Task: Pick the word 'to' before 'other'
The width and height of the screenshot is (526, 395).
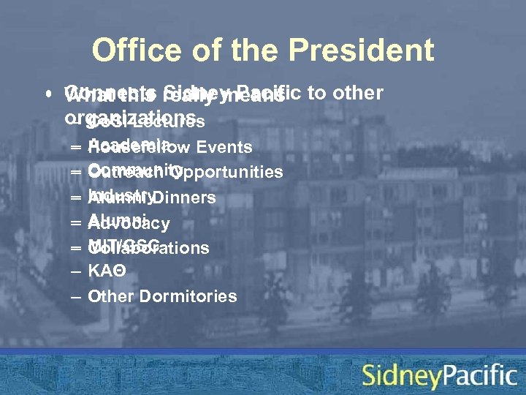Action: [316, 94]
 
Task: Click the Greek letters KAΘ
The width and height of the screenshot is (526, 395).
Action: [107, 271]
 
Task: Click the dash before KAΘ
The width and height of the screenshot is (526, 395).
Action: [76, 271]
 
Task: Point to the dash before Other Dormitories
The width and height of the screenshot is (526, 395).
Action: [76, 296]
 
